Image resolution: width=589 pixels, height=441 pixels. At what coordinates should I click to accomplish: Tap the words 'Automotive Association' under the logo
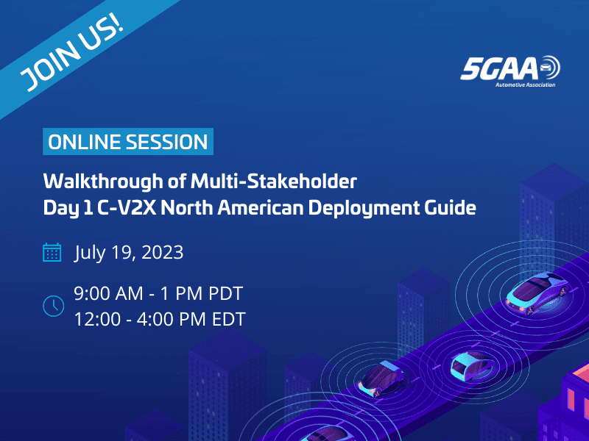pyautogui.click(x=525, y=85)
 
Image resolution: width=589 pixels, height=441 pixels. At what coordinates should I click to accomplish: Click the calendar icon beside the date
pyautogui.click(x=52, y=254)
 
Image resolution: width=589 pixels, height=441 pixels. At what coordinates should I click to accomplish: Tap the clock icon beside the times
pyautogui.click(x=53, y=306)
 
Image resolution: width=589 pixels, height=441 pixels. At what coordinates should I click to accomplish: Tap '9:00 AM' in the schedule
pyautogui.click(x=105, y=295)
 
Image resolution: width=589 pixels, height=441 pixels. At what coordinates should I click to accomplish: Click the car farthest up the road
pyautogui.click(x=535, y=291)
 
